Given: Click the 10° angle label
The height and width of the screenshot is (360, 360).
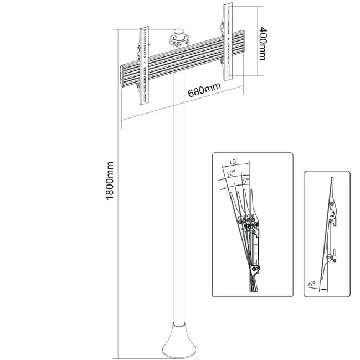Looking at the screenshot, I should pyautogui.click(x=230, y=173).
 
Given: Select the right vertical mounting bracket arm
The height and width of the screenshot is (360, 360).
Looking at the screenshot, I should pyautogui.click(x=227, y=39).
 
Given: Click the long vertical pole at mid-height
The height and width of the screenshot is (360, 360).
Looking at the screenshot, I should pyautogui.click(x=178, y=210).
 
